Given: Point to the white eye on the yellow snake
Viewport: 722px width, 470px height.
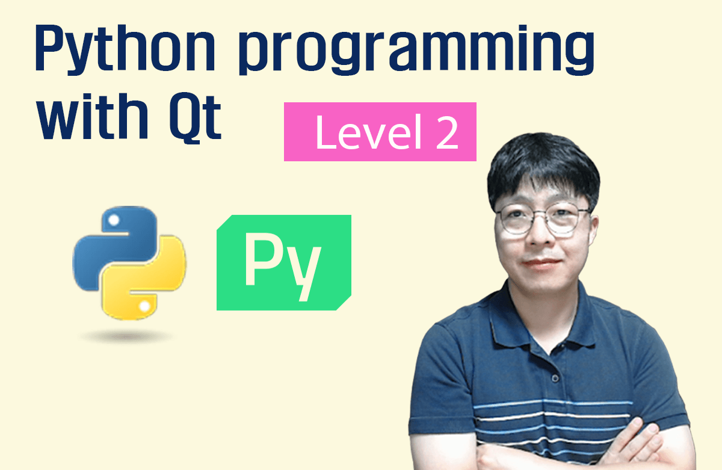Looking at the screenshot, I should [144, 308].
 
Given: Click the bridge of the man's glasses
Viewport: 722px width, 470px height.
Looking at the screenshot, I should [539, 215].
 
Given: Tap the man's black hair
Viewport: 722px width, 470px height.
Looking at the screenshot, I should [541, 162].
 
